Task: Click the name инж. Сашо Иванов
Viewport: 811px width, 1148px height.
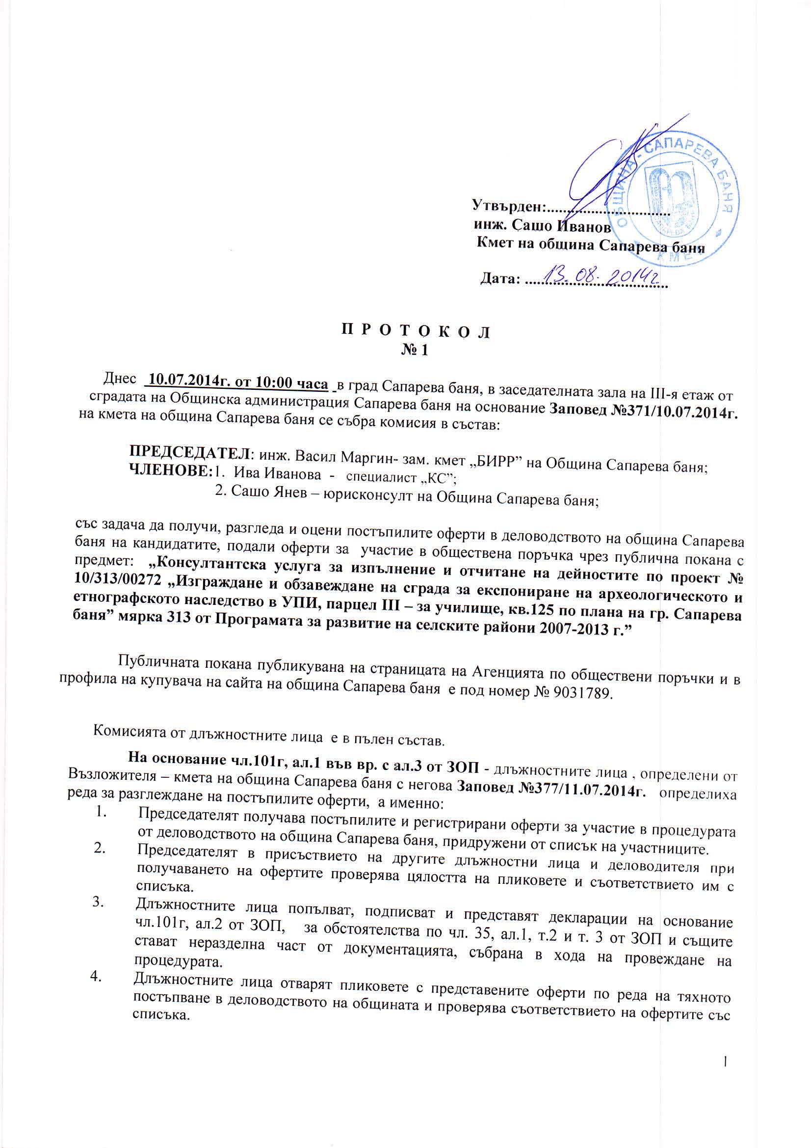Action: click(542, 226)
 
